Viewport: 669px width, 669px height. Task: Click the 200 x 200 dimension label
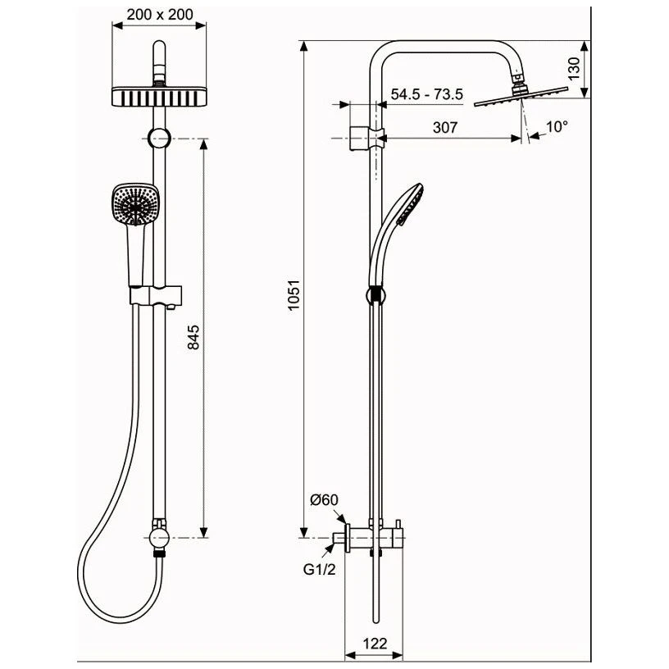point(160,15)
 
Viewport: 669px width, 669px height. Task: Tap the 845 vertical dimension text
point(193,337)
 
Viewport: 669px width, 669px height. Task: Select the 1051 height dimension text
point(294,295)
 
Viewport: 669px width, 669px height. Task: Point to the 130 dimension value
point(574,68)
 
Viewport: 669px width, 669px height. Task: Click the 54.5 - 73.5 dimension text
point(426,93)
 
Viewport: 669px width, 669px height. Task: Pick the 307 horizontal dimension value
point(445,127)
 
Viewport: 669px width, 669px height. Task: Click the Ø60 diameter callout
point(325,499)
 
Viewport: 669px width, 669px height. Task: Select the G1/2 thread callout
point(320,569)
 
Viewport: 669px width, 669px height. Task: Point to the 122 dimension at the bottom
point(375,643)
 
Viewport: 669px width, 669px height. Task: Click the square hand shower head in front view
point(135,204)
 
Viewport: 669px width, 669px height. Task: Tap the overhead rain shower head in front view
point(159,97)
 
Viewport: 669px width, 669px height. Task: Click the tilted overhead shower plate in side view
point(521,97)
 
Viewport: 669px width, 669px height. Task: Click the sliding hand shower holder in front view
point(156,296)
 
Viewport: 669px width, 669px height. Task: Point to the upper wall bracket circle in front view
point(159,139)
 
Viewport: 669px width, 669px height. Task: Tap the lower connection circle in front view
point(159,538)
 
